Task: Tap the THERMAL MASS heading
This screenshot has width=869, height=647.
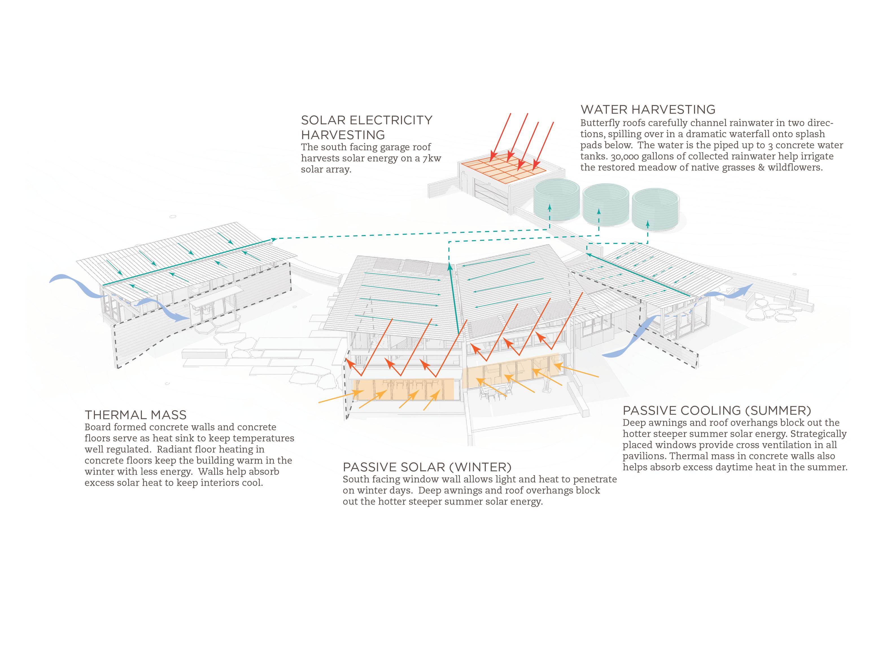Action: click(x=136, y=415)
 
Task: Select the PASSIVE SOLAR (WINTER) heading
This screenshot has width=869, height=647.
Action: click(x=427, y=467)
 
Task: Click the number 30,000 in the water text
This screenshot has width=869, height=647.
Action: click(x=624, y=156)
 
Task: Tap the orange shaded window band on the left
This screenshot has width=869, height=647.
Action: click(x=403, y=389)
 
